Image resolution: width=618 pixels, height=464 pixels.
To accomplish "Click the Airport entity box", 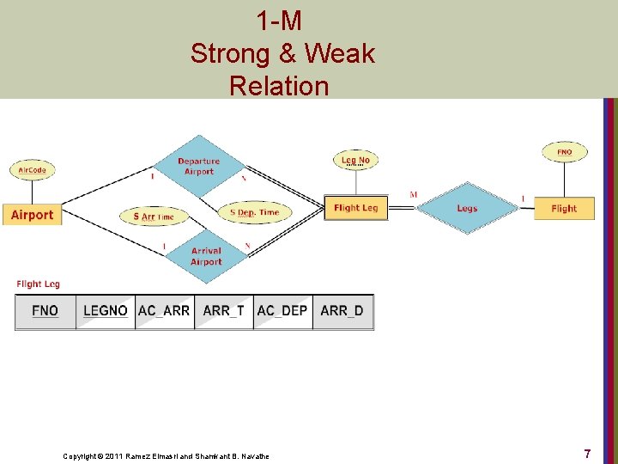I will (32, 215).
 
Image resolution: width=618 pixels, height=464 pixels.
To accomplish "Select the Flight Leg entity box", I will (355, 208).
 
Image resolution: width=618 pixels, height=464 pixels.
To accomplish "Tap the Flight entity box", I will (564, 208).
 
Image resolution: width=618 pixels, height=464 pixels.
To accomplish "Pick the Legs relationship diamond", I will (467, 208).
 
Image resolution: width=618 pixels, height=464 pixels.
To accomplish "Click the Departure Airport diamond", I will (199, 166).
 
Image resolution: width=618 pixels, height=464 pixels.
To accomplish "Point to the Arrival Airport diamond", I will (206, 256).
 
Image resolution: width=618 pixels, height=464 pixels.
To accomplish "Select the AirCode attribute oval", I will (33, 170).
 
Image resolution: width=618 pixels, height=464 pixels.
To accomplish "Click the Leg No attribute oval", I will (355, 160).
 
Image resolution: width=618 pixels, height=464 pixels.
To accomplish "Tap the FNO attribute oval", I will (564, 152).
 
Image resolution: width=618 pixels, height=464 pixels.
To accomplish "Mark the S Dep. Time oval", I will (255, 212).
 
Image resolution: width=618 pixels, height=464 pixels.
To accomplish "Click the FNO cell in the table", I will (45, 311).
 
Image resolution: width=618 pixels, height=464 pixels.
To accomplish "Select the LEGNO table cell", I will (106, 311).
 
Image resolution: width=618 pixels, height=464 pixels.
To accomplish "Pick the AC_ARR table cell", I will (164, 311).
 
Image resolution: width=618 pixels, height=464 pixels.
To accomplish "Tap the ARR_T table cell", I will (223, 311).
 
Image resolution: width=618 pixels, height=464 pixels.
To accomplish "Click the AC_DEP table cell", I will (282, 311).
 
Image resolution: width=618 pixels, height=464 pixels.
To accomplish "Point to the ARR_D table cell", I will (342, 311).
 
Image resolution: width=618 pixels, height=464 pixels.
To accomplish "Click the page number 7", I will (587, 453).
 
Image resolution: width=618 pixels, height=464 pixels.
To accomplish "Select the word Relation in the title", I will (279, 86).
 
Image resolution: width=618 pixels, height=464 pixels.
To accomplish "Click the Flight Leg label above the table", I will (38, 284).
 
